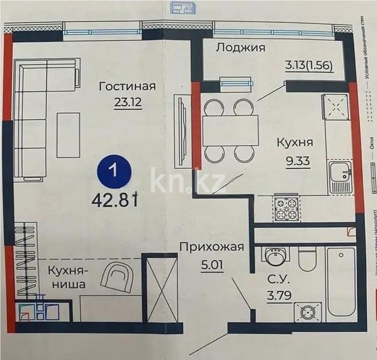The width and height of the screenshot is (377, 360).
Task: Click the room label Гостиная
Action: pyautogui.click(x=127, y=87)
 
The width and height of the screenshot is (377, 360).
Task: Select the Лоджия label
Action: pyautogui.click(x=241, y=48)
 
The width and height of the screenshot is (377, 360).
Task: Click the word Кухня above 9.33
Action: pyautogui.click(x=294, y=143)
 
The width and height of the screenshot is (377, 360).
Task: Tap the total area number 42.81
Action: pyautogui.click(x=115, y=200)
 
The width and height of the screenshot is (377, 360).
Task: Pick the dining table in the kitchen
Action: pyautogui.click(x=230, y=127)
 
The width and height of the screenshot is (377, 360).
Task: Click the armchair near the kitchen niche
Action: pyautogui.click(x=118, y=279)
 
